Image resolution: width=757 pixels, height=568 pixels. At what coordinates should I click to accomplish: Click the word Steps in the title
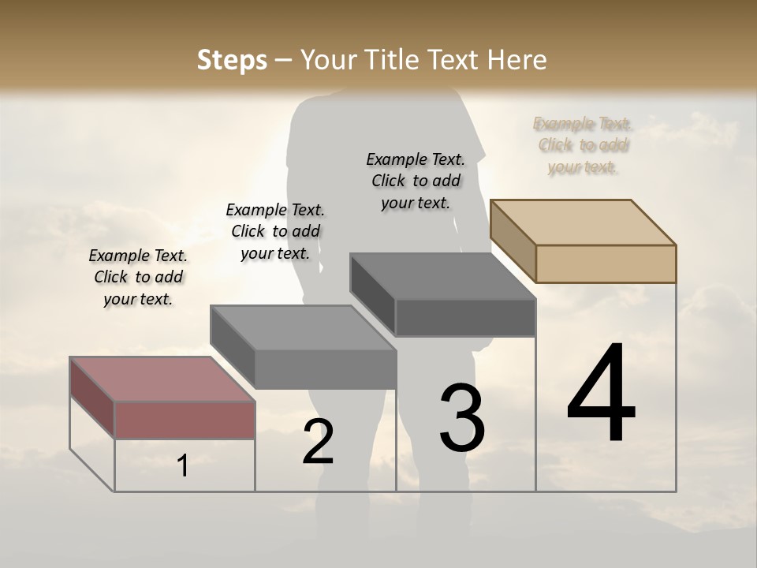[x=232, y=60]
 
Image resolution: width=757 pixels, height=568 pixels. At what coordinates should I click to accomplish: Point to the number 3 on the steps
[x=462, y=418]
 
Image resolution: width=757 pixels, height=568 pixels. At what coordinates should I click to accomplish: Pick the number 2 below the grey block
[x=319, y=442]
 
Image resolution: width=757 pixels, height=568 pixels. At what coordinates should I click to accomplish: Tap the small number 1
[x=183, y=466]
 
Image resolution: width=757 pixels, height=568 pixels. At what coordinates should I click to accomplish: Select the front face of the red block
[x=185, y=420]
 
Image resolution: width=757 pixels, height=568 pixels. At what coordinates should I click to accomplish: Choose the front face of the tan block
[x=606, y=263]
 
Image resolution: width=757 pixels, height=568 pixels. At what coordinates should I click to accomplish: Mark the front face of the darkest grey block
[x=465, y=318]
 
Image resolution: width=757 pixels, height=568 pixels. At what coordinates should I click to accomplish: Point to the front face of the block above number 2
[x=326, y=369]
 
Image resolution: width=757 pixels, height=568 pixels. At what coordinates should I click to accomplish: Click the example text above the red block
[x=138, y=277]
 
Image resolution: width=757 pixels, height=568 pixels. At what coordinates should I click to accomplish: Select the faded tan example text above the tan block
[x=583, y=145]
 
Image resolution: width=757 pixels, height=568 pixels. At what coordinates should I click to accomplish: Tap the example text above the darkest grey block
[x=416, y=181]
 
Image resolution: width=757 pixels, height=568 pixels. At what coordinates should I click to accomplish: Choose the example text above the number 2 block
[x=275, y=231]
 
